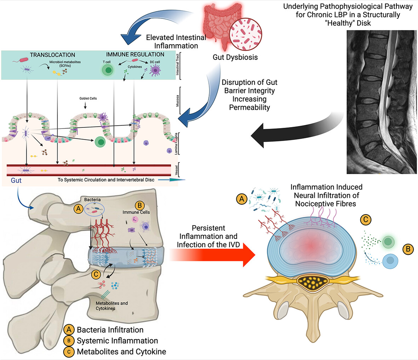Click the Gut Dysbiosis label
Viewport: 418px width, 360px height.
[x=235, y=57]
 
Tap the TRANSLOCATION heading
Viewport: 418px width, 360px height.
[x=52, y=55]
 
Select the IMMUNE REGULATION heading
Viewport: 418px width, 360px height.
[x=135, y=55]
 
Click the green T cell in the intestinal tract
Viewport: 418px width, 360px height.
[x=108, y=70]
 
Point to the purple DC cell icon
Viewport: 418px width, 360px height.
[x=155, y=70]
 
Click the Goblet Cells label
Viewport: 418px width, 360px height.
[x=88, y=98]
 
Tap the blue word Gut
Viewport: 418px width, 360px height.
[x=16, y=181]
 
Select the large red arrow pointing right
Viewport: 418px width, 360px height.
[x=212, y=255]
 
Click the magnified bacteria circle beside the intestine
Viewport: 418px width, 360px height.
[x=246, y=34]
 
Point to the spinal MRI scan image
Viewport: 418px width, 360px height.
[x=382, y=102]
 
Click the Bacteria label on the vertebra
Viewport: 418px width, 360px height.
[x=92, y=199]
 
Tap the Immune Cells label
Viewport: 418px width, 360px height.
[x=136, y=212]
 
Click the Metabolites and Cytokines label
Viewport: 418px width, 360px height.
[x=112, y=306]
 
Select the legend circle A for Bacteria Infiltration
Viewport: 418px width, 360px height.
[x=69, y=330]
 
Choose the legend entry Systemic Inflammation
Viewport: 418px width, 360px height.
[x=117, y=341]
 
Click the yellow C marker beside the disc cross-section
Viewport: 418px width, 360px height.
[x=366, y=220]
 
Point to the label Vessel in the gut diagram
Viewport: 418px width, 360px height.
[x=177, y=170]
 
